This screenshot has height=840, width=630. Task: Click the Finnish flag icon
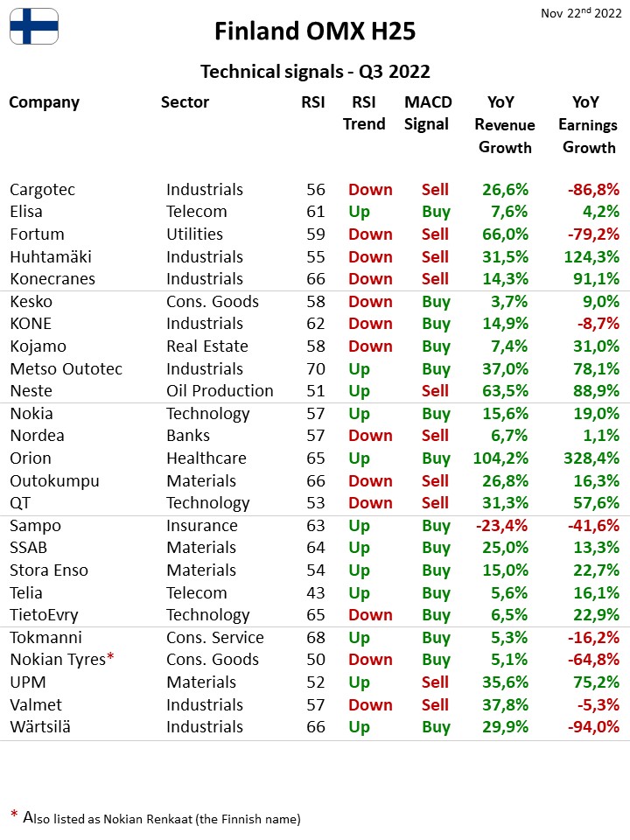tap(34, 26)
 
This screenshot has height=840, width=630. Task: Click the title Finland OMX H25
tap(315, 31)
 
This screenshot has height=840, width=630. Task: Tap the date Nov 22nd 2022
tap(581, 13)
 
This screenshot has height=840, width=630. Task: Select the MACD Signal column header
tap(428, 113)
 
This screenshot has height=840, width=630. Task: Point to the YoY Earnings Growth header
tap(588, 124)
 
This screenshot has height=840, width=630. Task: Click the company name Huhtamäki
tap(51, 256)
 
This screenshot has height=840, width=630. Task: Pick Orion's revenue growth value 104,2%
tap(500, 458)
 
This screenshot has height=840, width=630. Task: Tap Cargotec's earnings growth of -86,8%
tap(593, 190)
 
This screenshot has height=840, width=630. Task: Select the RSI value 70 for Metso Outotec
tap(316, 369)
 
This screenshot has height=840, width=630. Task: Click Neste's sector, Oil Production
tap(220, 391)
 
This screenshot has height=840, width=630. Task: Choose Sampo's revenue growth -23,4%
tap(501, 526)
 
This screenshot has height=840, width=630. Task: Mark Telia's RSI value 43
tap(316, 593)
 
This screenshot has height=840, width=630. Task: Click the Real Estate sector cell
tap(207, 346)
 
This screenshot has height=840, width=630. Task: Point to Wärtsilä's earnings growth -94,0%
tap(593, 727)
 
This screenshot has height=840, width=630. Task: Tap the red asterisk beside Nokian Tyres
tap(110, 656)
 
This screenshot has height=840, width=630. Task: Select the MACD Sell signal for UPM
tap(435, 682)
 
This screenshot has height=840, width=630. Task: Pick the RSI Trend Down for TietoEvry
tap(370, 615)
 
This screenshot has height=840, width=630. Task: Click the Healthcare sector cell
tap(206, 458)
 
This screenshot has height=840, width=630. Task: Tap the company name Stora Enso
tap(49, 570)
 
